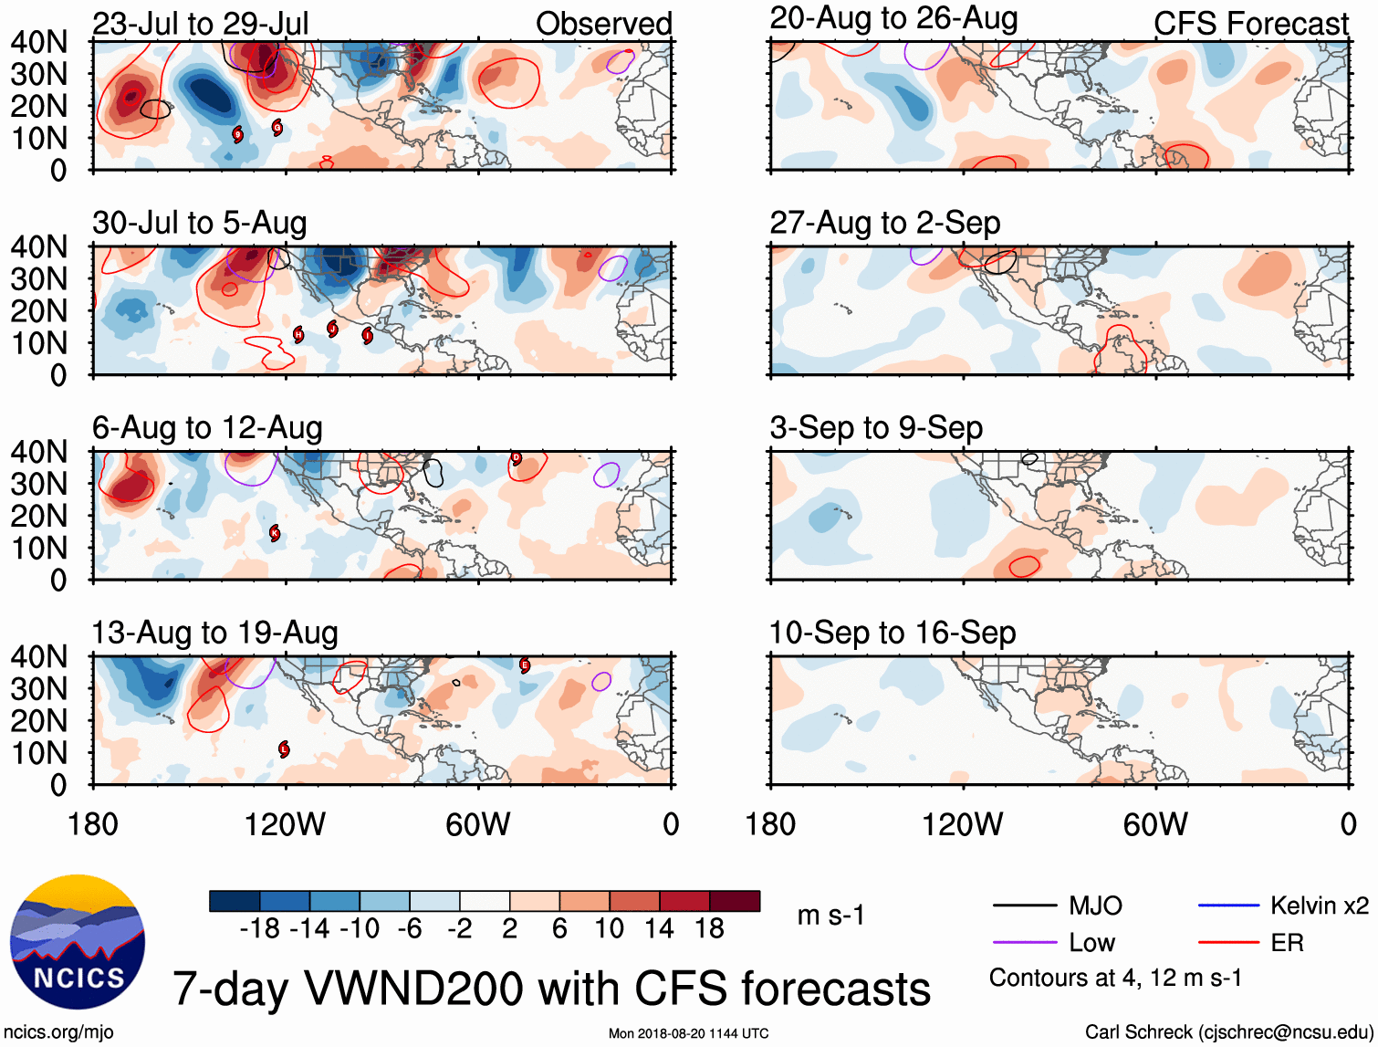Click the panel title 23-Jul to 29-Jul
[x=201, y=23]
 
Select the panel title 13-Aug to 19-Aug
[x=215, y=633]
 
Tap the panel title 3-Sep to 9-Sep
[x=876, y=427]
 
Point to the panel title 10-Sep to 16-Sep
[x=893, y=633]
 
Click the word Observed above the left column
[x=603, y=24]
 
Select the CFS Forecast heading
[x=1250, y=24]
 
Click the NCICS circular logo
[x=78, y=943]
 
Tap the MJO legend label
[x=1095, y=906]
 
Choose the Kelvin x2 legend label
[x=1319, y=906]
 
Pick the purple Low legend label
[x=1092, y=943]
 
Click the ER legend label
[x=1287, y=943]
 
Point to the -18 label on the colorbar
[x=259, y=929]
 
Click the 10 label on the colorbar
[x=609, y=929]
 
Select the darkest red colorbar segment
[x=735, y=902]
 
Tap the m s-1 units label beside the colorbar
[x=830, y=915]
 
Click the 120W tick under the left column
[x=285, y=824]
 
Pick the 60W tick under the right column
[x=1155, y=824]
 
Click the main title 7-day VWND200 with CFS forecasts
[x=551, y=989]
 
